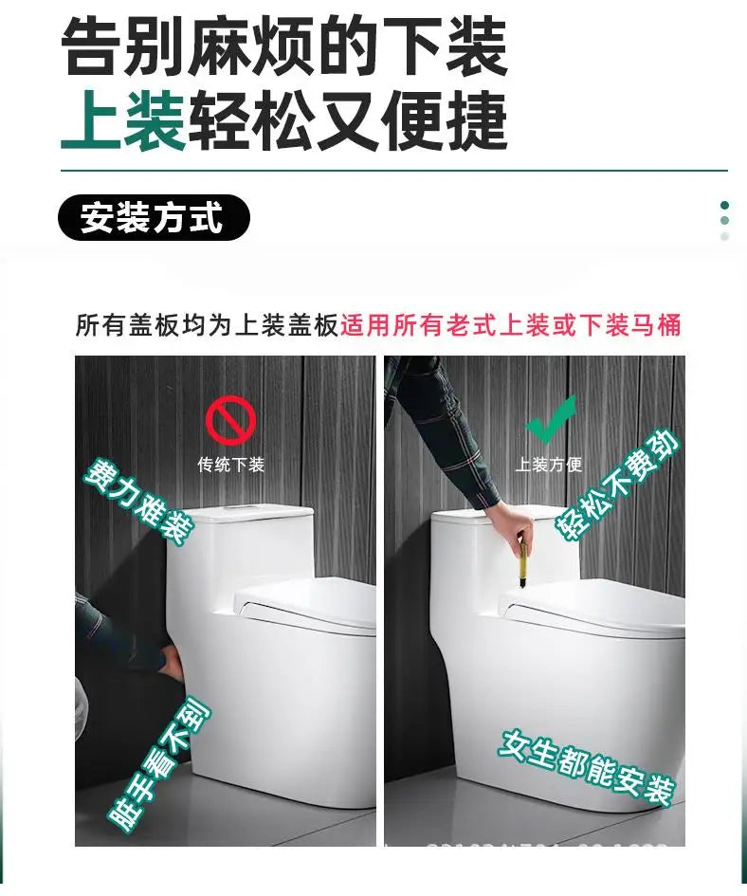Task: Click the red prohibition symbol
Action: point(230,421)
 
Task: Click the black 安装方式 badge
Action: point(154,218)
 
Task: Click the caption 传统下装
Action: point(230,465)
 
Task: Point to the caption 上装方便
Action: point(549,465)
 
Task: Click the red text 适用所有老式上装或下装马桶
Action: point(510,326)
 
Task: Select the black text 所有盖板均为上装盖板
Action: point(207,326)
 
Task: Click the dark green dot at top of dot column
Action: point(725,205)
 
